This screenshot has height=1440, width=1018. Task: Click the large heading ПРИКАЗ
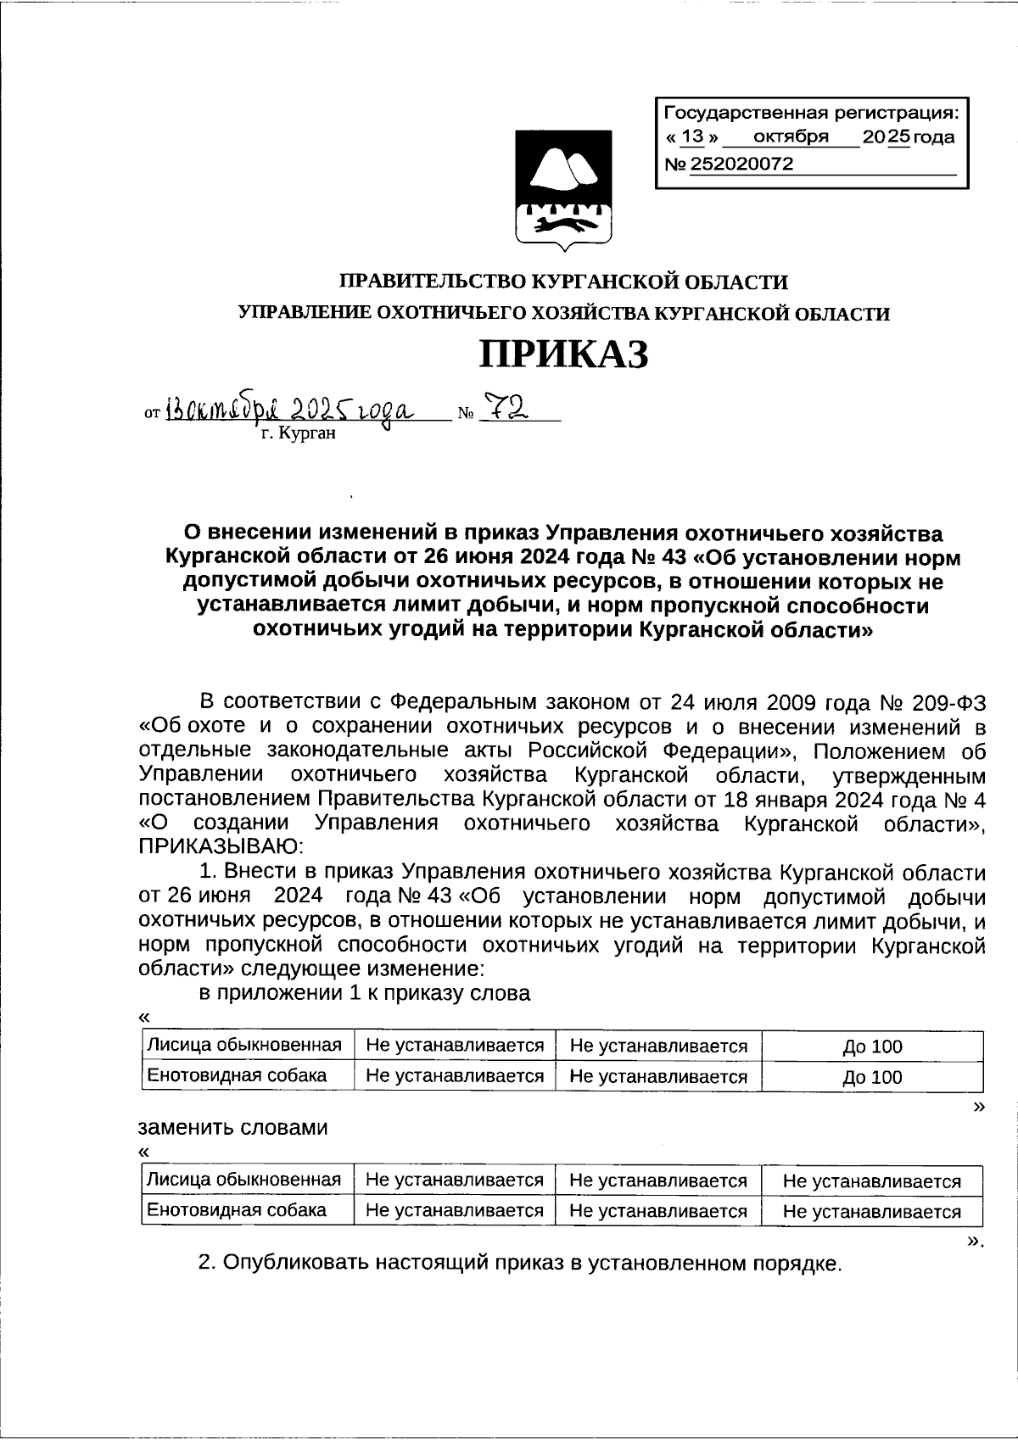pyautogui.click(x=564, y=354)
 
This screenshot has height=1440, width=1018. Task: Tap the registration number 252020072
pyautogui.click(x=742, y=165)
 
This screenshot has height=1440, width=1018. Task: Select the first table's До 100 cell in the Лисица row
pyautogui.click(x=872, y=1047)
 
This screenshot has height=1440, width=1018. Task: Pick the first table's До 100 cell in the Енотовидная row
pyautogui.click(x=872, y=1077)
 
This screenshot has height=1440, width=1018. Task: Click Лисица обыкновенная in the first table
pyautogui.click(x=244, y=1045)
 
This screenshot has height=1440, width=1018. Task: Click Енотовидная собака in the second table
pyautogui.click(x=237, y=1210)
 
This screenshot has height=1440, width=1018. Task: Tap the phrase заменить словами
pyautogui.click(x=232, y=1128)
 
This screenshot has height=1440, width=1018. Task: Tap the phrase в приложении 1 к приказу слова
pyautogui.click(x=365, y=993)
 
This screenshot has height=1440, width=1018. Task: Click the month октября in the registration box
pyautogui.click(x=790, y=137)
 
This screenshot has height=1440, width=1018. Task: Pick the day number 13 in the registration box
pyautogui.click(x=693, y=137)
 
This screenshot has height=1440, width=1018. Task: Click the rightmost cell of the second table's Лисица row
pyautogui.click(x=872, y=1181)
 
